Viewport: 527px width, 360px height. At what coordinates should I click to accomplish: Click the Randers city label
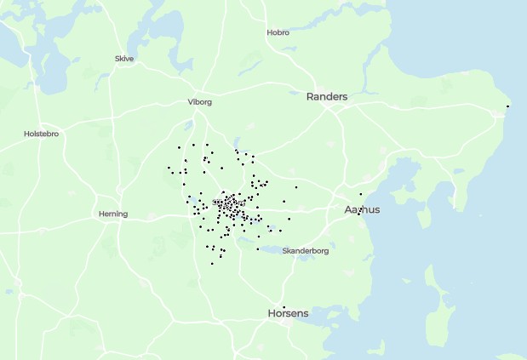pyautogui.click(x=327, y=97)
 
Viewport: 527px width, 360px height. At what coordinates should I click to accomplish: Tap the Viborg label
pyautogui.click(x=199, y=102)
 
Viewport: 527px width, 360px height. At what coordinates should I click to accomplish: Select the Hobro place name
pyautogui.click(x=278, y=33)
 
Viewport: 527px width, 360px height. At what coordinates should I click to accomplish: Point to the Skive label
pyautogui.click(x=124, y=59)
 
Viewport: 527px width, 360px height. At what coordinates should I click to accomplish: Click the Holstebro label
pyautogui.click(x=41, y=134)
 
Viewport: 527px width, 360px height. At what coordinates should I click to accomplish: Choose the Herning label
pyautogui.click(x=112, y=214)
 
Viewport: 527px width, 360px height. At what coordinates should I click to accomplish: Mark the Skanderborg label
pyautogui.click(x=306, y=251)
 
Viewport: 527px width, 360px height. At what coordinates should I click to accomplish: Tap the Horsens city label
pyautogui.click(x=288, y=313)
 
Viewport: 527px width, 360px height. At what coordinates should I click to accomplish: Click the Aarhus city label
pyautogui.click(x=362, y=209)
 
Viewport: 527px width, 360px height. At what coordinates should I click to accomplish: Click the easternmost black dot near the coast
pyautogui.click(x=508, y=106)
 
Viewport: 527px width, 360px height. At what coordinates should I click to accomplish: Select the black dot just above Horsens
pyautogui.click(x=284, y=306)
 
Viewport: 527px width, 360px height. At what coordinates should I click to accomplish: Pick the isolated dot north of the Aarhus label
pyautogui.click(x=360, y=194)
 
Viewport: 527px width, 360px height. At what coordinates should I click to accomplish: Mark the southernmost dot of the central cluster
pyautogui.click(x=212, y=264)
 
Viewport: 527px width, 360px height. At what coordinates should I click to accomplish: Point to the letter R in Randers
pyautogui.click(x=310, y=97)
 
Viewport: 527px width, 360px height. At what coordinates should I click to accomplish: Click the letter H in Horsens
pyautogui.click(x=272, y=313)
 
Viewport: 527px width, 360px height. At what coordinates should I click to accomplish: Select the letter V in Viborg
pyautogui.click(x=189, y=102)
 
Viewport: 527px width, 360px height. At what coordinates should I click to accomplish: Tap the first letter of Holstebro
pyautogui.click(x=26, y=134)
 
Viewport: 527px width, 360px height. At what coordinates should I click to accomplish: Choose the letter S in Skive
pyautogui.click(x=117, y=59)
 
